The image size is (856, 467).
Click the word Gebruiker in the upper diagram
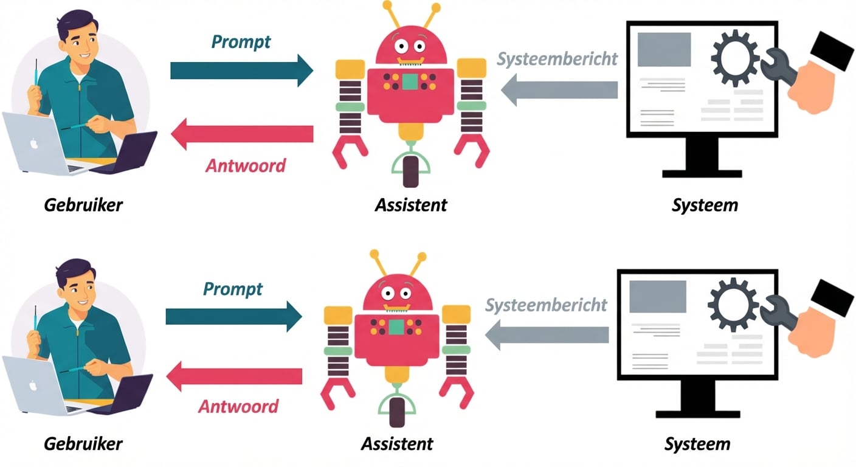(83, 204)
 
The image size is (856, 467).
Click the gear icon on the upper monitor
(734, 58)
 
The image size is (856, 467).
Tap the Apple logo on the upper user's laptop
(34, 144)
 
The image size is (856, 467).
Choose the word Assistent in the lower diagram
(397, 443)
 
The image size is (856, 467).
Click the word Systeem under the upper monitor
(705, 204)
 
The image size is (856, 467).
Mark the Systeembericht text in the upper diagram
(557, 58)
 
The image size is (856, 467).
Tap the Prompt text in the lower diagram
(233, 288)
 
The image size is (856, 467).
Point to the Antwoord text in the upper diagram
(245, 165)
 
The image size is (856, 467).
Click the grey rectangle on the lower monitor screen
(657, 296)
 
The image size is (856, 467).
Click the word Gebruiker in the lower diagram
(83, 443)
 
